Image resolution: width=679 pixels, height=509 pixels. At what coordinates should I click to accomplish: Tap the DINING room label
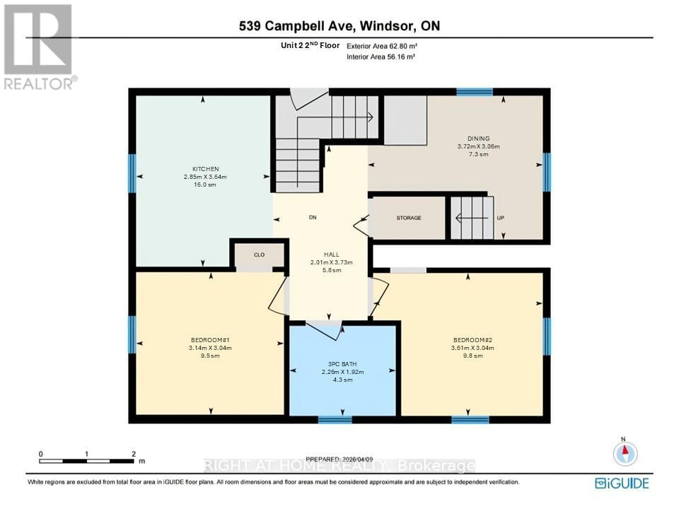click(478, 139)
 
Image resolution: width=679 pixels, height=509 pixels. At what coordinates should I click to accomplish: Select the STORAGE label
click(408, 218)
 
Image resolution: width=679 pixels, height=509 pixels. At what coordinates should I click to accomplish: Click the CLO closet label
click(259, 255)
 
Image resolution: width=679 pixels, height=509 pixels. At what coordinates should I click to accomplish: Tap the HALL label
click(332, 255)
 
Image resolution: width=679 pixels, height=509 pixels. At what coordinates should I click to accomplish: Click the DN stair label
click(312, 218)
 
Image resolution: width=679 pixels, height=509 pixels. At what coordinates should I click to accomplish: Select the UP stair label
click(501, 218)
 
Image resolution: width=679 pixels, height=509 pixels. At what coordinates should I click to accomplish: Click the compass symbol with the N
click(625, 452)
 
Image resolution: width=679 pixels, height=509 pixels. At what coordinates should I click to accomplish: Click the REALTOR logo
click(40, 46)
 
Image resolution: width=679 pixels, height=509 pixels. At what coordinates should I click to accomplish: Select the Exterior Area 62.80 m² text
click(381, 45)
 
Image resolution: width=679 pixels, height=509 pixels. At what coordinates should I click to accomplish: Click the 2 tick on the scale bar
click(133, 454)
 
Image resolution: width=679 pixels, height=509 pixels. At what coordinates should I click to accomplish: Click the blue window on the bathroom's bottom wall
click(335, 419)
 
